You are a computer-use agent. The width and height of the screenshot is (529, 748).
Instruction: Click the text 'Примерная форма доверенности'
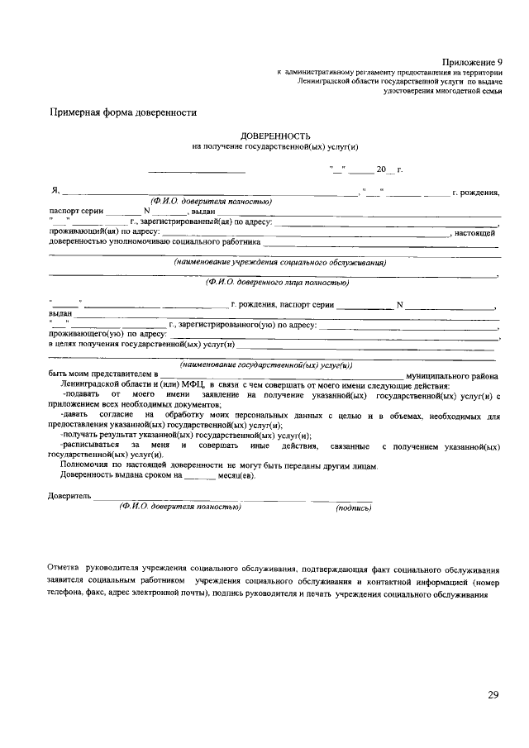point(123,112)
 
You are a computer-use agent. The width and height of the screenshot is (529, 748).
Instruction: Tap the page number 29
point(493,694)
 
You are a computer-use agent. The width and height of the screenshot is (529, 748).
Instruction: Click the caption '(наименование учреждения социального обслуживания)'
point(280,263)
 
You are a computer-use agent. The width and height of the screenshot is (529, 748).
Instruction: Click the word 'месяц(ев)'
point(237,475)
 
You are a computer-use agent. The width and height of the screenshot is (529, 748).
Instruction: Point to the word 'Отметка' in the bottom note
point(63,569)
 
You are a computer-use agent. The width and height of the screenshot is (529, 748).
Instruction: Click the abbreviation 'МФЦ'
point(187,385)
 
